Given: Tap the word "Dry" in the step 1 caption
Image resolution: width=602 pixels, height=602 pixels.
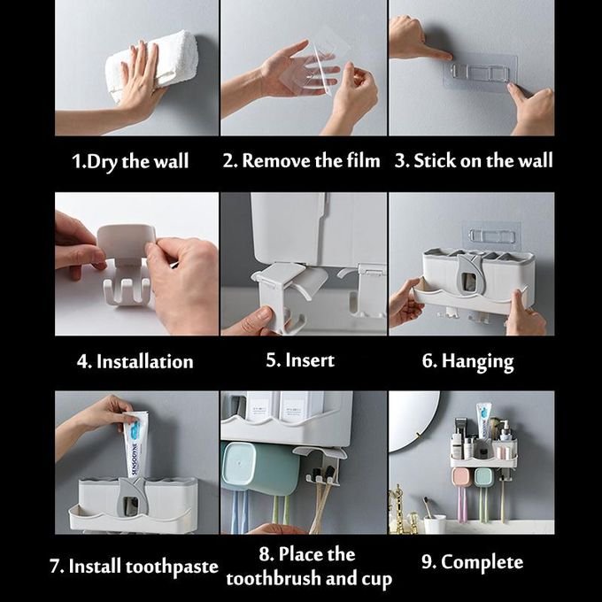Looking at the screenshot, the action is (x=102, y=162).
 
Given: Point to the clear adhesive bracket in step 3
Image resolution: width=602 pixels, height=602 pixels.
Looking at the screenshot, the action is (x=481, y=73).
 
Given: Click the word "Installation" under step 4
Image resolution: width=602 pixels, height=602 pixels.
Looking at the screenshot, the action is (x=144, y=362).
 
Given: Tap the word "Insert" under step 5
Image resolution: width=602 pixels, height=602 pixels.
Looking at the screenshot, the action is (x=310, y=360).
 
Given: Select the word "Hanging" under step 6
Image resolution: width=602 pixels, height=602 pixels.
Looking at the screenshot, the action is (x=477, y=362).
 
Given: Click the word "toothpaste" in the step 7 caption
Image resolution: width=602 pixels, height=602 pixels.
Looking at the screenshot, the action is (x=172, y=567).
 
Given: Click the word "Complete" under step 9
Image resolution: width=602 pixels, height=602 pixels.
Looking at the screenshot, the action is (x=482, y=563).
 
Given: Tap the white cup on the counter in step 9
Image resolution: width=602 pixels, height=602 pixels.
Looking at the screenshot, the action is (x=435, y=524).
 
